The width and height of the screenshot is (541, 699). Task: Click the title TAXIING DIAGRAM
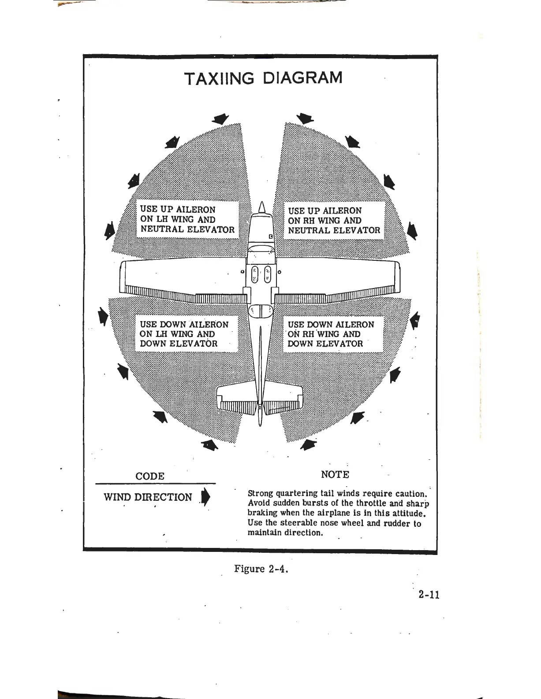point(263,78)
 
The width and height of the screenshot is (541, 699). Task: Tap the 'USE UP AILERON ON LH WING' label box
point(187,219)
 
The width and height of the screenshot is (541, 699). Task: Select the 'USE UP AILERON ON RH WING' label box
point(334,220)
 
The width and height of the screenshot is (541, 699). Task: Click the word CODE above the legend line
point(150,476)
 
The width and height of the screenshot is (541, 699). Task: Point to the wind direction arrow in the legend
point(204,498)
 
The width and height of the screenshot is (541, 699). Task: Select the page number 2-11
point(429,595)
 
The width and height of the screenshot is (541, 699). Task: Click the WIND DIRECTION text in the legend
point(148,497)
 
